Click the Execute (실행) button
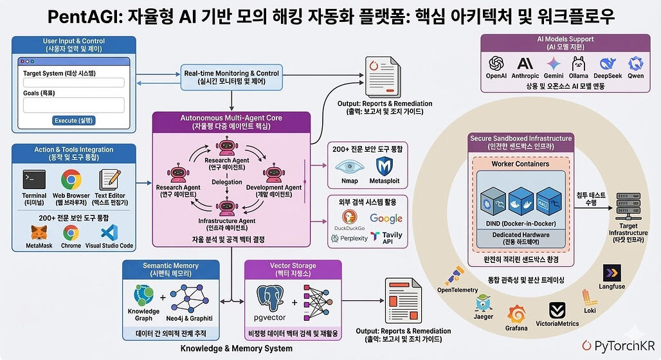[x=73, y=121]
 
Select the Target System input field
[x=73, y=82]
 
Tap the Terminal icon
[x=34, y=180]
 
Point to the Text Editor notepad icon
[x=111, y=180]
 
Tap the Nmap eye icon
[x=349, y=166]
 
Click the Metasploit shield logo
[x=385, y=166]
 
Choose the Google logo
[x=386, y=219]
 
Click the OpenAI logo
[x=496, y=63]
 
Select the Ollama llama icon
[x=578, y=63]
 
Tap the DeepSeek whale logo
[x=608, y=63]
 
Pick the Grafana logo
[x=516, y=314]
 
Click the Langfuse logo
[x=611, y=273]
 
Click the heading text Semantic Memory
[x=170, y=265]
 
